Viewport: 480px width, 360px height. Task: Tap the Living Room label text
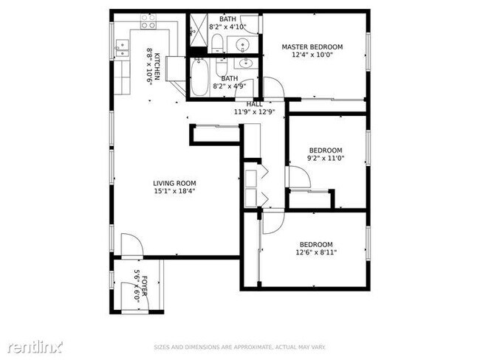pyautogui.click(x=175, y=184)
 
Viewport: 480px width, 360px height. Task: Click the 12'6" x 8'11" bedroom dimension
pyautogui.click(x=315, y=253)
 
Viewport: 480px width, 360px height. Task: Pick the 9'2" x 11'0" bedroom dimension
pyautogui.click(x=326, y=158)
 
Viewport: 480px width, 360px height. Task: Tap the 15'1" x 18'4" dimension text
pyautogui.click(x=175, y=192)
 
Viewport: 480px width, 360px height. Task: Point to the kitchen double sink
pyautogui.click(x=121, y=49)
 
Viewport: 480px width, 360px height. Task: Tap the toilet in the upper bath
pyautogui.click(x=217, y=44)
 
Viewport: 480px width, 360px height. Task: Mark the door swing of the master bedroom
pyautogui.click(x=274, y=87)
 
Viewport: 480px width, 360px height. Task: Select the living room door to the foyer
pyautogui.click(x=131, y=245)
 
